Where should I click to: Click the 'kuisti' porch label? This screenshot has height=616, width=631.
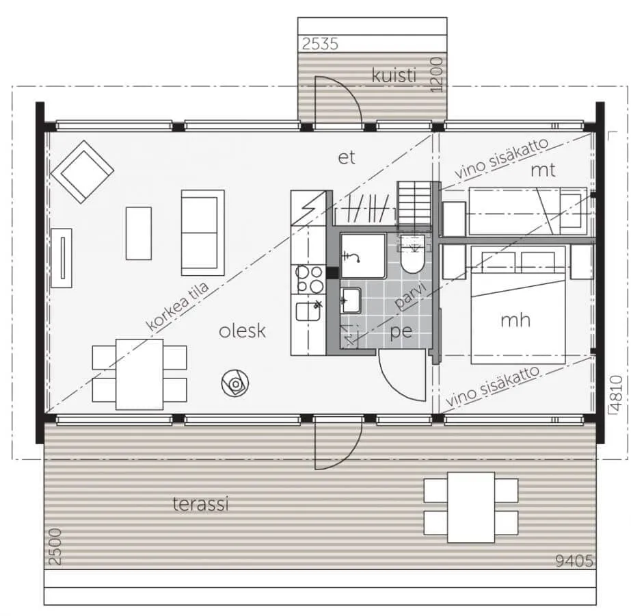pos(394,75)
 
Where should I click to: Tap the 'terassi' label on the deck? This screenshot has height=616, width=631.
pos(200,504)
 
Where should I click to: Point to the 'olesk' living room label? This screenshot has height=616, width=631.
pos(242,331)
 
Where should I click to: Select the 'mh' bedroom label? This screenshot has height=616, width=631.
pos(515,320)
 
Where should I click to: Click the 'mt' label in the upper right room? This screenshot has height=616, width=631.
pos(543,170)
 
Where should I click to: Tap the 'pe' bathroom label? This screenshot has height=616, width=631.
pos(401,332)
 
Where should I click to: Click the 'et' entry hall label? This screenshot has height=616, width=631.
pos(347,157)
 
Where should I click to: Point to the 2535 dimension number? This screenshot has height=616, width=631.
pos(321,44)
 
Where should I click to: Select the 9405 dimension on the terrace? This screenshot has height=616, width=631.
pos(574,561)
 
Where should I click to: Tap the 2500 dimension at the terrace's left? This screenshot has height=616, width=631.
pos(55,547)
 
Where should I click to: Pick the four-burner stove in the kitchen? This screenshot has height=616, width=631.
pos(310,279)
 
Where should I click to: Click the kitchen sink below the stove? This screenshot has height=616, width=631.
pos(308,311)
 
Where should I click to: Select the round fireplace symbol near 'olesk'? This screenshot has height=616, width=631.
pos(235,383)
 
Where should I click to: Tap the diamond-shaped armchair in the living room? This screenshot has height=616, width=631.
pos(82,172)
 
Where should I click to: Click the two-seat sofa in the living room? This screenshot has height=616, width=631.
pos(203,233)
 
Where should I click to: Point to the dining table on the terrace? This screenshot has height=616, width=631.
pos(471,507)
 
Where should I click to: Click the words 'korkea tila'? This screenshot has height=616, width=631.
pos(177,306)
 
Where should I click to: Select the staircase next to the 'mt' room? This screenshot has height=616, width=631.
pos(414,206)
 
